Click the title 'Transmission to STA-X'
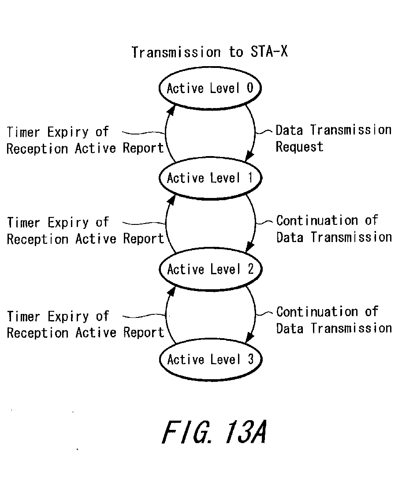click(210, 52)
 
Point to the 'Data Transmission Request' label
click(333, 138)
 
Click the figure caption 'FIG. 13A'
click(214, 432)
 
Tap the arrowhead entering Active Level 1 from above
click(249, 156)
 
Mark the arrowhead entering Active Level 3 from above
click(249, 337)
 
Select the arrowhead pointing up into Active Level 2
click(171, 291)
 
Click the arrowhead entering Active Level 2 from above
click(249, 247)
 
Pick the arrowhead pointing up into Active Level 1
click(171, 200)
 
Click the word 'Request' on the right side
click(299, 147)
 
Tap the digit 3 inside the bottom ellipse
click(251, 359)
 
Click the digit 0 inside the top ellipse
click(250, 88)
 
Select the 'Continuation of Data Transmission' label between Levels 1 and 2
click(334, 229)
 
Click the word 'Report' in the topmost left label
click(143, 148)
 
